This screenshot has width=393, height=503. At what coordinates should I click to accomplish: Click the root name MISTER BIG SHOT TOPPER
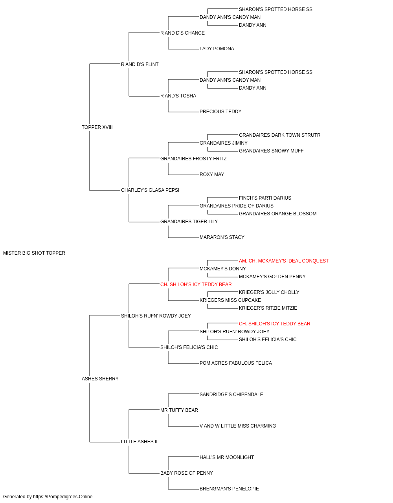(x=34, y=253)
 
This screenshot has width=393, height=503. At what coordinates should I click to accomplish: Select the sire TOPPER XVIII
(x=97, y=127)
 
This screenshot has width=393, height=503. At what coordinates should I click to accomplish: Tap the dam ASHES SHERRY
(x=100, y=379)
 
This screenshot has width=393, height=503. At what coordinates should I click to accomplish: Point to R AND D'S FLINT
(x=140, y=64)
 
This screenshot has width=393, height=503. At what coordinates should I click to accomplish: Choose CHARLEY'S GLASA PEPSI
(x=150, y=190)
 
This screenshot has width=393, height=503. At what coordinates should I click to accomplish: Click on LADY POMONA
(x=217, y=49)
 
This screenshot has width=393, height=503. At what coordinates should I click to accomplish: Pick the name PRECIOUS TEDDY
(x=220, y=112)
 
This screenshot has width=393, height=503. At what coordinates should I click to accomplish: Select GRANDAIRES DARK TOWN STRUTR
(x=279, y=135)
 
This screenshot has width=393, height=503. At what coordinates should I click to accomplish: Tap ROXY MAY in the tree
(x=212, y=174)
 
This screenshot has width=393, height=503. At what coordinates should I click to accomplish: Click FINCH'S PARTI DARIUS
(x=265, y=198)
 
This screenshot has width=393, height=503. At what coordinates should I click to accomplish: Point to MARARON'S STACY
(x=222, y=237)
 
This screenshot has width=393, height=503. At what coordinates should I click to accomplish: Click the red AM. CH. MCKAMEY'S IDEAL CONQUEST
(x=283, y=261)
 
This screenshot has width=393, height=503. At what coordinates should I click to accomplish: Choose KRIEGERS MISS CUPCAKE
(x=230, y=300)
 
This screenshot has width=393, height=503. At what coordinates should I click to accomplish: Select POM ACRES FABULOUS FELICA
(x=236, y=363)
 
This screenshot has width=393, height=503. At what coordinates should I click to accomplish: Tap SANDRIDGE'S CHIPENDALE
(x=231, y=395)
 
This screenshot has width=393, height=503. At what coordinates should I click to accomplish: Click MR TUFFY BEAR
(x=179, y=410)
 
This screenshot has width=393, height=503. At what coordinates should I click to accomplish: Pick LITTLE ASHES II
(x=139, y=442)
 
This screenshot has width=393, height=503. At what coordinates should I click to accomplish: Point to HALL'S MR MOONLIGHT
(x=227, y=457)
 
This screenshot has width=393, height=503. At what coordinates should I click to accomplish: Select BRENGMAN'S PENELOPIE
(x=229, y=488)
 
